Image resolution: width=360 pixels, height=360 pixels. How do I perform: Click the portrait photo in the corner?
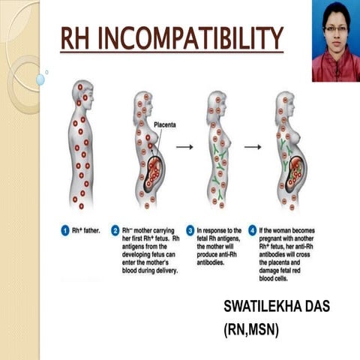point(335,41)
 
